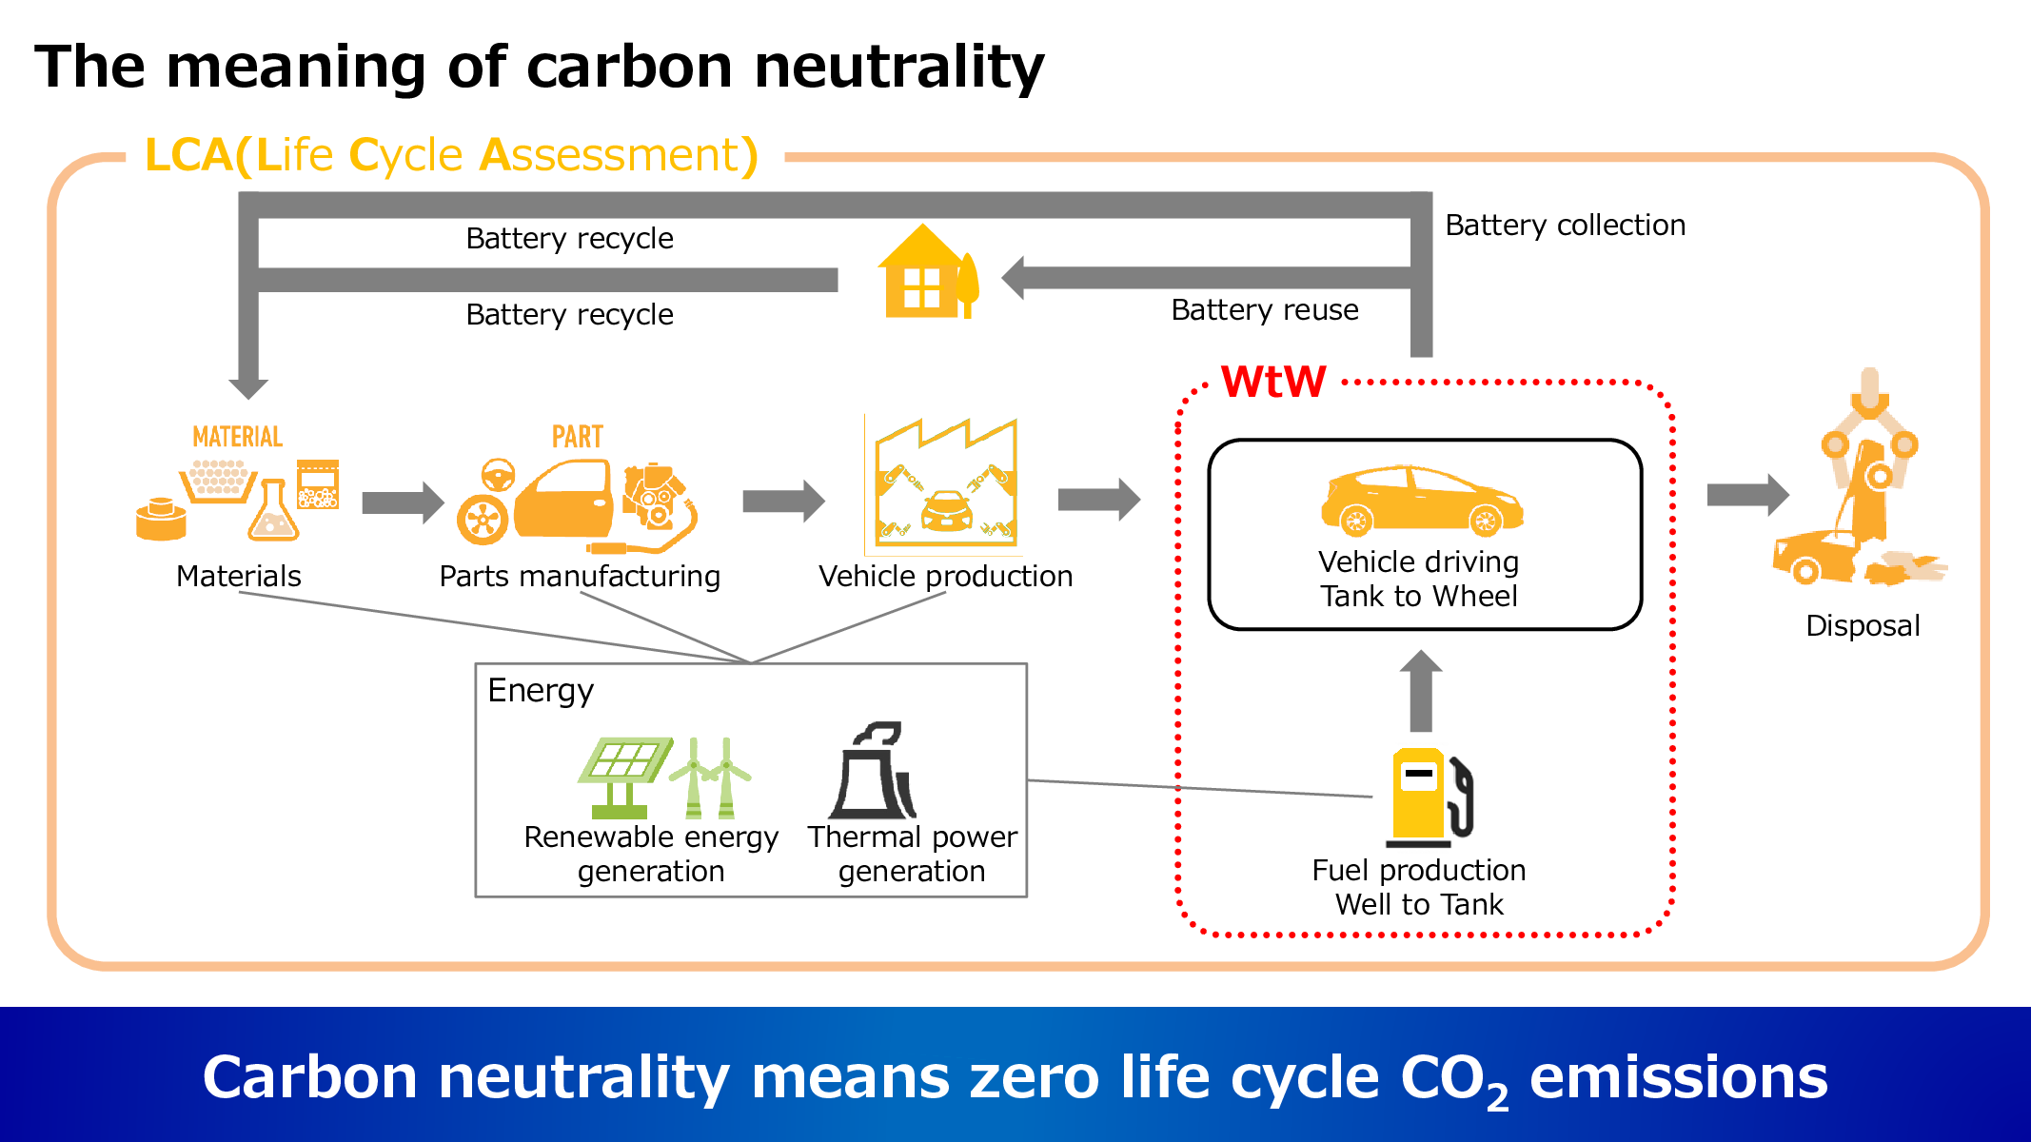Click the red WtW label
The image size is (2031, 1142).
1272,381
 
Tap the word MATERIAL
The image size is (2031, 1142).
237,437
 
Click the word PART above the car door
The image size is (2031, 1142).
577,437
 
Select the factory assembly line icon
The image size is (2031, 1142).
945,484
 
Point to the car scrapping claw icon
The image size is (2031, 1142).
1862,483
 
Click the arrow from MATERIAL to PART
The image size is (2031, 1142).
403,502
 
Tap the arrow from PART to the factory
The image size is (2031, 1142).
783,501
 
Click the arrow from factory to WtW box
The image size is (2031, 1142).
1099,500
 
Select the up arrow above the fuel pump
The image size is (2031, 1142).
1420,688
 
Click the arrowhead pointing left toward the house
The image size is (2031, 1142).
1015,279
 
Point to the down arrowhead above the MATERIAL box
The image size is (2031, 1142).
248,387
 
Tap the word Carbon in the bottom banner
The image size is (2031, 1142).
309,1078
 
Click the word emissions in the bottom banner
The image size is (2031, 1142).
1678,1078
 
